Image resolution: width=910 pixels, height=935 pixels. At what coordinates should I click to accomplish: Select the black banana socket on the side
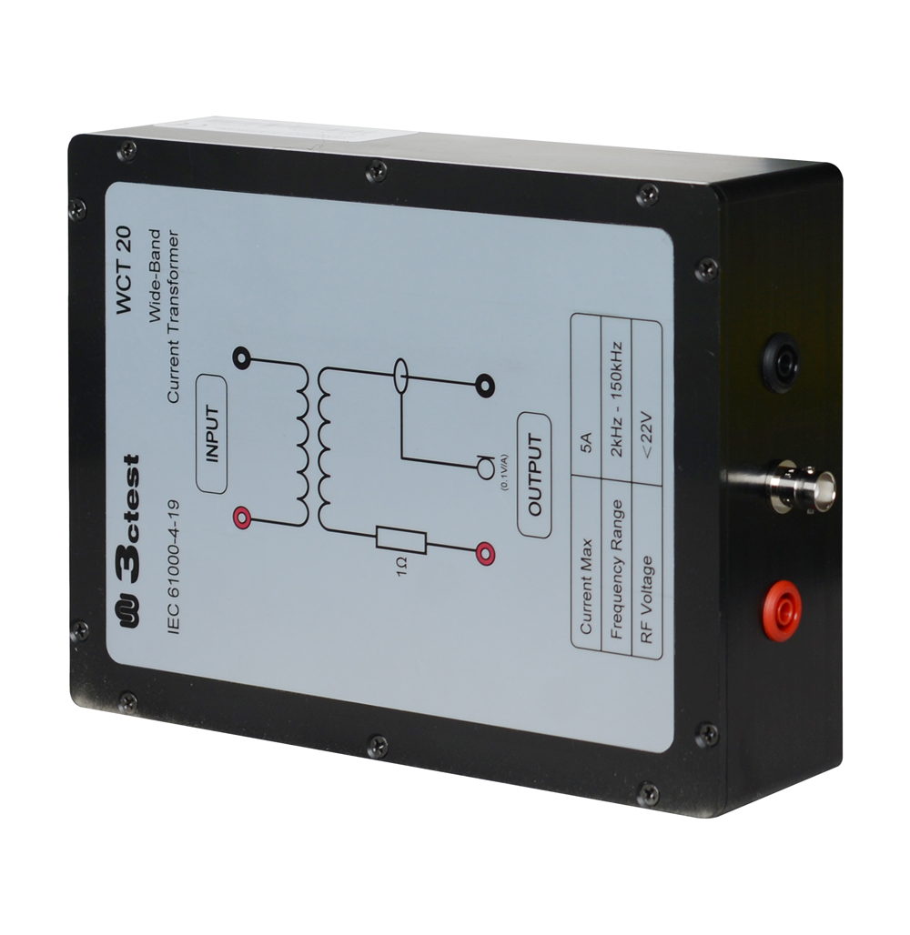pos(783,361)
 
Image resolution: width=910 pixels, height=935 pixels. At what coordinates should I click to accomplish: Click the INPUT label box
pos(212,434)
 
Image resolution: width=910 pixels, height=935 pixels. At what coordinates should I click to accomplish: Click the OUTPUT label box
pos(534,475)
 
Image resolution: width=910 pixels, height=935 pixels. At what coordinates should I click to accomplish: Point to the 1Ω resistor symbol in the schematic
pos(401,541)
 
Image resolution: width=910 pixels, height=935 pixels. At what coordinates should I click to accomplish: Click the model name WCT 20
pos(124,270)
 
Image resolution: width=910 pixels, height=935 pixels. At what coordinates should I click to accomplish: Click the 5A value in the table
pos(587,443)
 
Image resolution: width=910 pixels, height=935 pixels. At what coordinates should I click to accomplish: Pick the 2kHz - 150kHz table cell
pos(616,399)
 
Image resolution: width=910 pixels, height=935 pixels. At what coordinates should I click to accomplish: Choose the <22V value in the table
pos(647,432)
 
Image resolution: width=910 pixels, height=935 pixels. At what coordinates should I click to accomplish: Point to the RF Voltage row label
pos(646,600)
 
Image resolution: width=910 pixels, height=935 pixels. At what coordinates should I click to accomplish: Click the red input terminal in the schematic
pos(240,518)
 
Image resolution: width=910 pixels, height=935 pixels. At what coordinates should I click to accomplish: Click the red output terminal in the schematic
pos(484,553)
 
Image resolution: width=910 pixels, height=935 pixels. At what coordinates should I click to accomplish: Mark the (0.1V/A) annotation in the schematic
pos(504,471)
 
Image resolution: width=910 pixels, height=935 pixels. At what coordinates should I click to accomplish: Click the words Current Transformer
pos(173,316)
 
